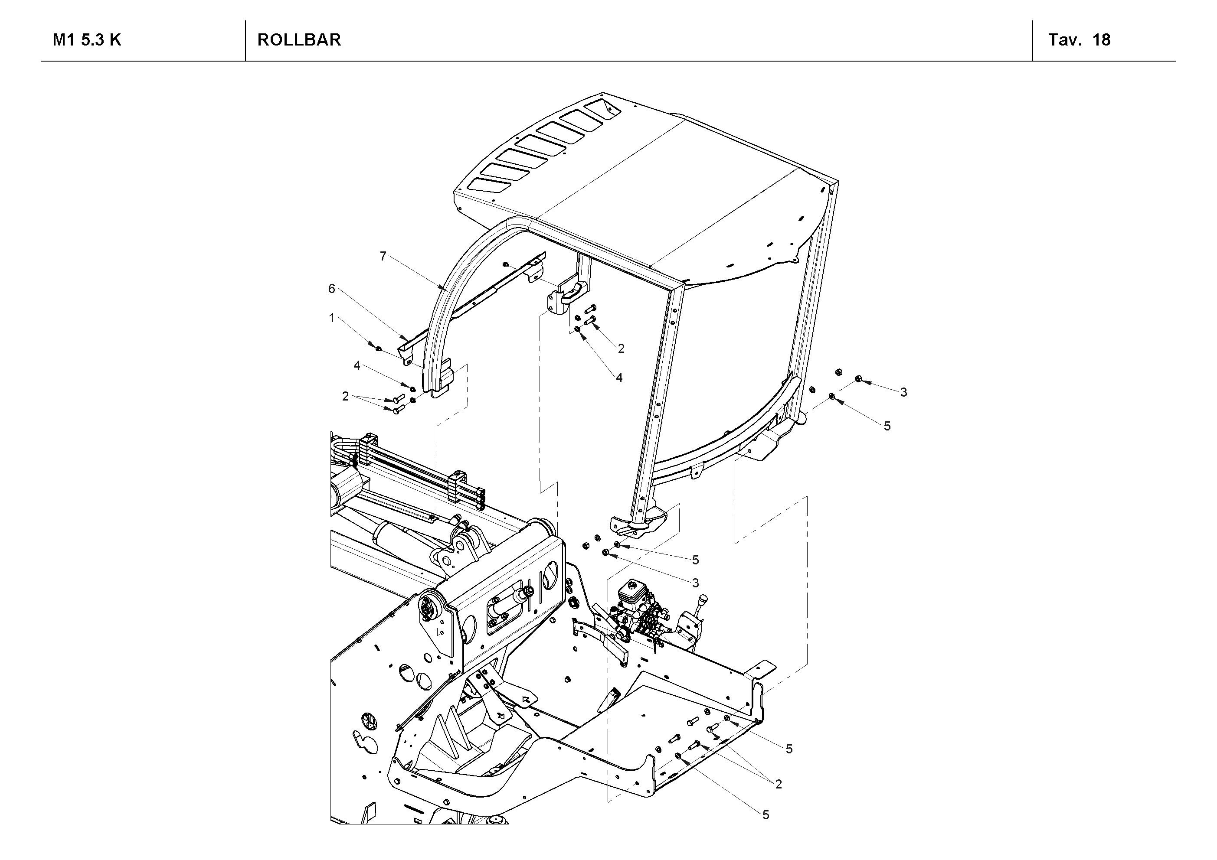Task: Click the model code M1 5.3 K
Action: [x=87, y=40]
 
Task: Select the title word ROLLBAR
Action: [x=299, y=40]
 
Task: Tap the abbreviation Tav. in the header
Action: [x=1064, y=40]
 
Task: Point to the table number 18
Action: [x=1102, y=40]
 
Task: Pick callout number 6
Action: [x=332, y=289]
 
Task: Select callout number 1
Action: [x=332, y=318]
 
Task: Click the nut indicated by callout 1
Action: [x=378, y=348]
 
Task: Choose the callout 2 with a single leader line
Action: [x=621, y=348]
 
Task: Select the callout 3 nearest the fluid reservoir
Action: [x=695, y=583]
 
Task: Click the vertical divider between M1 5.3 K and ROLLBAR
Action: [x=245, y=40]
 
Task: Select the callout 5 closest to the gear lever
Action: [x=695, y=560]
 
